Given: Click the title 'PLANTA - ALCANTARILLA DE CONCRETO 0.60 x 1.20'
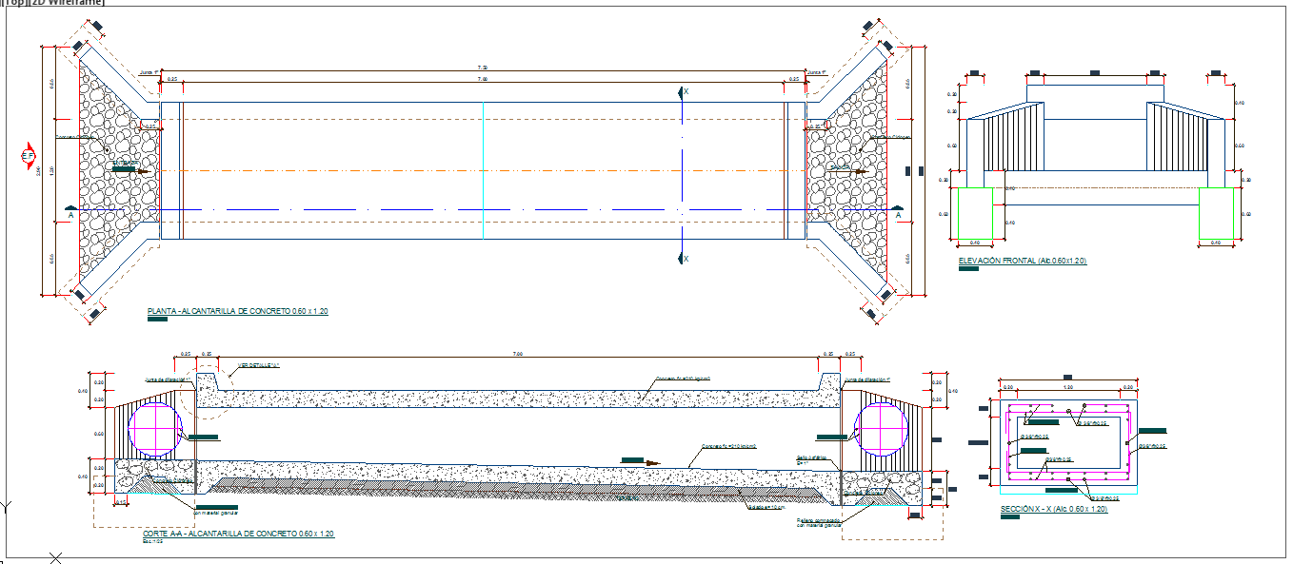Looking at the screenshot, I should click(237, 312).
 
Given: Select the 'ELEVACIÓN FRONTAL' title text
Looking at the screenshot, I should click(1023, 261).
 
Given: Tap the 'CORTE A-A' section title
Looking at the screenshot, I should click(237, 535).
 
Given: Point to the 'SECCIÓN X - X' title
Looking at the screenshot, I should click(1053, 510).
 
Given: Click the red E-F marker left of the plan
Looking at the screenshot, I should click(29, 156).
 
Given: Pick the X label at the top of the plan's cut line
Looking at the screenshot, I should click(686, 91).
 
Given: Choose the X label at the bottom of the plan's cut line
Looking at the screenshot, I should click(686, 259).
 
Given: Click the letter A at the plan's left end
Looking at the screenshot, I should click(70, 216).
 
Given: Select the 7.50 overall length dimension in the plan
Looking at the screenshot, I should click(483, 68).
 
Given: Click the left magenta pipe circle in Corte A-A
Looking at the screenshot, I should click(154, 428).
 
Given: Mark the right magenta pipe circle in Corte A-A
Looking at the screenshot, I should click(882, 428).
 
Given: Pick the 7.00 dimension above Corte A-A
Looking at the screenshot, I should click(518, 355).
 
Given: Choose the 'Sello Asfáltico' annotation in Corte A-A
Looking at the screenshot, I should click(809, 457).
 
